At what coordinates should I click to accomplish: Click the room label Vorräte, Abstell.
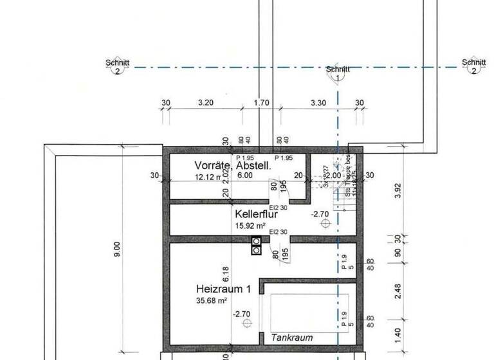[233, 165]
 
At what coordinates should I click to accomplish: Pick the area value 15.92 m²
[251, 226]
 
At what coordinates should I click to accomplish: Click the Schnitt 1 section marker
[338, 73]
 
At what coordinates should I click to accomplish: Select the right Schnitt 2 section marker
[473, 67]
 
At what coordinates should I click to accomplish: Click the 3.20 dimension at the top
[205, 102]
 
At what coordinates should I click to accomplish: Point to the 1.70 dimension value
[262, 102]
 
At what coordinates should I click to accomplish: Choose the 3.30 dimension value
[318, 102]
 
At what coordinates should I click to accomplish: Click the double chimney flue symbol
[256, 246]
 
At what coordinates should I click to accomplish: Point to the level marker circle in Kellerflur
[325, 224]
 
